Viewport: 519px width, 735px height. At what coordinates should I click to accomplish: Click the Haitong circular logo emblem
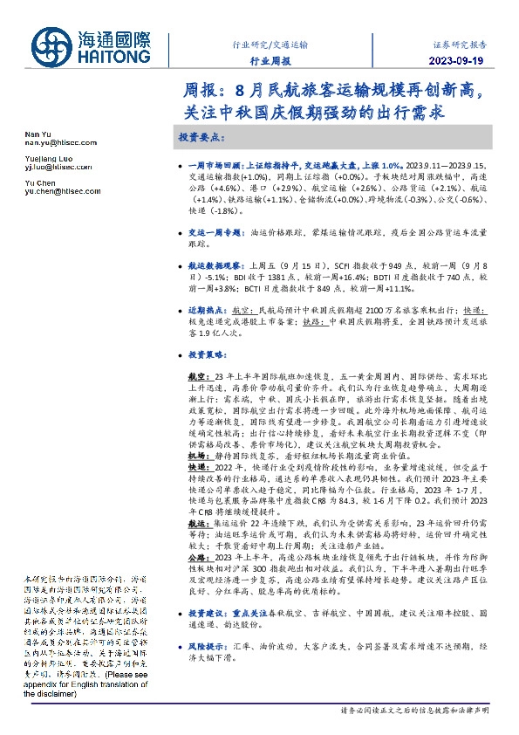[52, 46]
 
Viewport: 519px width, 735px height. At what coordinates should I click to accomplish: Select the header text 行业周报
[270, 61]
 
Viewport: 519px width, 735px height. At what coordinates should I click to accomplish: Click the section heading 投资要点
[202, 138]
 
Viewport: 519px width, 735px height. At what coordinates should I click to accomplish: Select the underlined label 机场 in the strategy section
[196, 456]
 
